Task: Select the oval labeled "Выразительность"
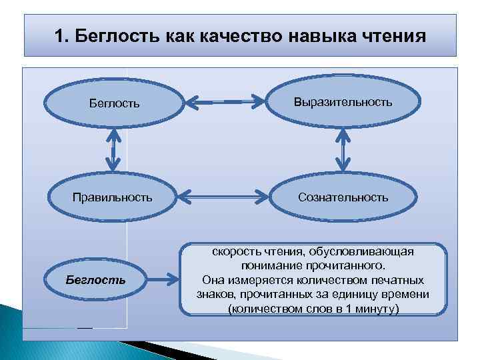pos(343,102)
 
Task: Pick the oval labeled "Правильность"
pos(112,197)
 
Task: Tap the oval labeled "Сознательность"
pos(343,197)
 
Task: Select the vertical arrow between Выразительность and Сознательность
pos(343,150)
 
